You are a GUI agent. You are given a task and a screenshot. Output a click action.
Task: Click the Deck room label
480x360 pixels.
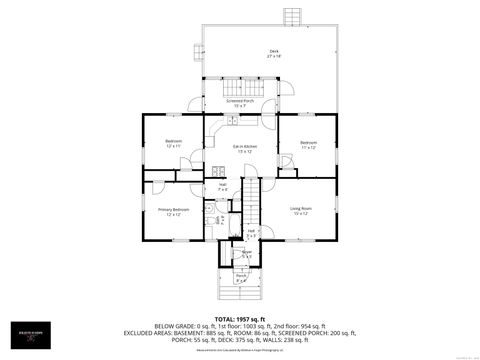pyautogui.click(x=273, y=53)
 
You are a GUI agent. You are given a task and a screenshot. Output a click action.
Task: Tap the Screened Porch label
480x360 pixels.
pyautogui.click(x=240, y=103)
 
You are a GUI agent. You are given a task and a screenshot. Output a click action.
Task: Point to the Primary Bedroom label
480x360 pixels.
pyautogui.click(x=173, y=211)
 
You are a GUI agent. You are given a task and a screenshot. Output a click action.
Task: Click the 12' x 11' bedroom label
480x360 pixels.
pyautogui.click(x=173, y=143)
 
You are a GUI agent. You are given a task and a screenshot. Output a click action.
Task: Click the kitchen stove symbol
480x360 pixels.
pyautogui.click(x=220, y=171)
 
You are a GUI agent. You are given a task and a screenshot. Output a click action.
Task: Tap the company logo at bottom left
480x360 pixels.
pyautogui.click(x=26, y=339)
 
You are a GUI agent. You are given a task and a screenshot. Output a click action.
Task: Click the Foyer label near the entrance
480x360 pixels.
pyautogui.click(x=246, y=254)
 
